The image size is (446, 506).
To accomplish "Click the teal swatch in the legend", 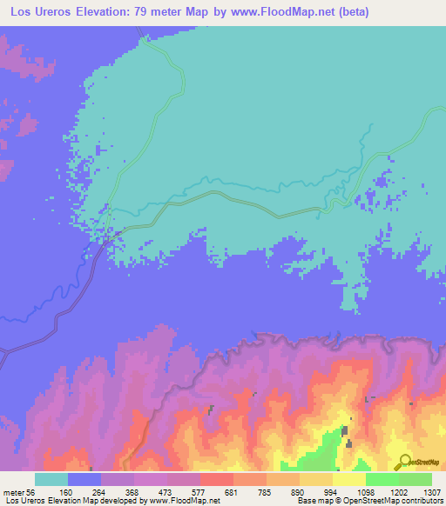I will pos(51,479).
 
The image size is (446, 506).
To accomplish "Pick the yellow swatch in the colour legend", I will pos(349,479).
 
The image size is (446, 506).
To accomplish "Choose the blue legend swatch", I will pos(84,479).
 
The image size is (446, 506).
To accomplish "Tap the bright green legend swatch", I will pos(382,479).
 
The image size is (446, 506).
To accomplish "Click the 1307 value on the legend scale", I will pos(432,491).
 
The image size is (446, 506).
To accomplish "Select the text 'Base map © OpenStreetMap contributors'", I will pos(369,501).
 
